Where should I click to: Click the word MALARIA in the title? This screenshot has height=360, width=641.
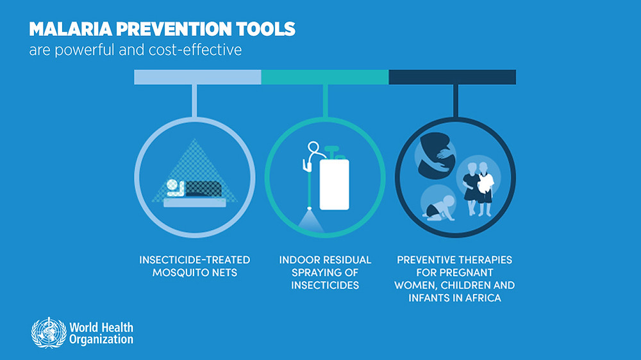71,29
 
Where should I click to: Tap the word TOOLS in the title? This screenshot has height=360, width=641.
265,29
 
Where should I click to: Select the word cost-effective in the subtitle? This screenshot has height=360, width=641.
195,50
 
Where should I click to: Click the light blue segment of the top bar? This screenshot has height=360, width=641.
197,78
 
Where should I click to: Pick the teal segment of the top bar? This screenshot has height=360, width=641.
325,78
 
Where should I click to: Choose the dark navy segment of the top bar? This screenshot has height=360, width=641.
452,78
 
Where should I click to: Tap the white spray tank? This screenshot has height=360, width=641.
335,184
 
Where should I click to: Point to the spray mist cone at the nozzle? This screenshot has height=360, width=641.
310,221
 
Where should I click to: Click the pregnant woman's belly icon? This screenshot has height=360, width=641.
436,156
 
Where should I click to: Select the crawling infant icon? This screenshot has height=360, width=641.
439,208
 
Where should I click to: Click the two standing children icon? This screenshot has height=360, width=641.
478,188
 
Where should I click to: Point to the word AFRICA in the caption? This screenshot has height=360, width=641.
483,298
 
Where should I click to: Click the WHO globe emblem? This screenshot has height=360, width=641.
49,333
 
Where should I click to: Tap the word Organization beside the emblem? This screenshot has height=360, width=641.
101,340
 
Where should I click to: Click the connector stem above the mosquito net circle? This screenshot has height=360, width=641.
195,101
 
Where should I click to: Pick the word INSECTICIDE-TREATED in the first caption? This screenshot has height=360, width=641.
195,260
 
